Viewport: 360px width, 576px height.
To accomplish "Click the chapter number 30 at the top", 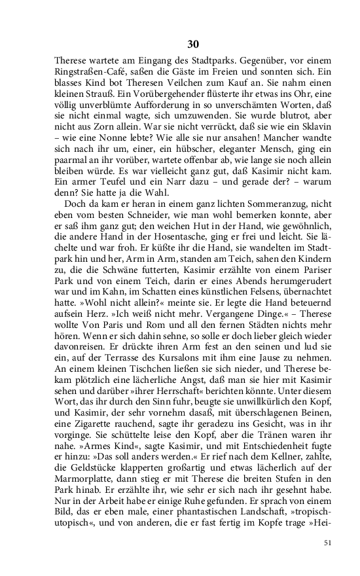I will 193,45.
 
